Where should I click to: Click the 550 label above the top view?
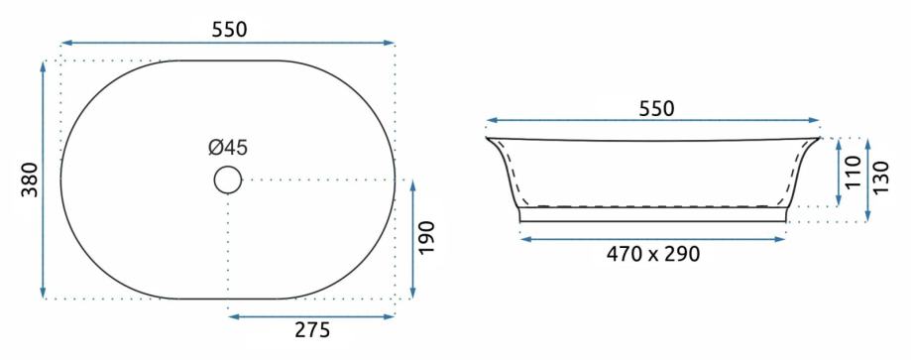230,30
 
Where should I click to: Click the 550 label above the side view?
656,109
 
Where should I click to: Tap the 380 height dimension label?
30,180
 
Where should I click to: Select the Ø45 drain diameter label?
228,148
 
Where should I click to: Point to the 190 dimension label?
426,238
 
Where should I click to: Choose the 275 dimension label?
312,330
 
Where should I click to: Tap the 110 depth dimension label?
853,172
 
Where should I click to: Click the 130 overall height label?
881,179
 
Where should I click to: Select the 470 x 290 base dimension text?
653,254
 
